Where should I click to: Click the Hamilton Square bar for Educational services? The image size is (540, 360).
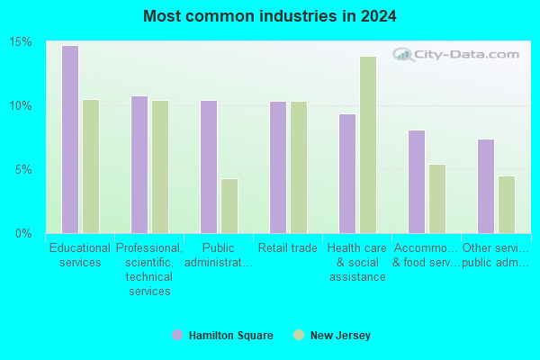pyautogui.click(x=70, y=139)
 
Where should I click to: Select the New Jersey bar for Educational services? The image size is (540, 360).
pyautogui.click(x=91, y=166)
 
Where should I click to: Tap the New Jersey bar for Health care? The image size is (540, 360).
pyautogui.click(x=368, y=145)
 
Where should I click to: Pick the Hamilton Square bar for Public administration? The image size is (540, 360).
pyautogui.click(x=209, y=167)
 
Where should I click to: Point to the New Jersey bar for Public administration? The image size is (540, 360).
pyautogui.click(x=229, y=206)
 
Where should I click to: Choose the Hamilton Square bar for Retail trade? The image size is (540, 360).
pyautogui.click(x=278, y=167)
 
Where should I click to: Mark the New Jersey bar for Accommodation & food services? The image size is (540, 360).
pyautogui.click(x=437, y=199)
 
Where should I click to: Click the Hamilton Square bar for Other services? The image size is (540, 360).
pyautogui.click(x=486, y=186)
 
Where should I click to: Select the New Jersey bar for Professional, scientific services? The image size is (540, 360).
pyautogui.click(x=160, y=167)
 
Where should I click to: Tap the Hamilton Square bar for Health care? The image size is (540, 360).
pyautogui.click(x=347, y=174)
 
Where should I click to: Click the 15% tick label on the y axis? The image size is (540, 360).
pyautogui.click(x=21, y=42)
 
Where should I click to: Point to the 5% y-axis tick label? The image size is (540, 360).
pyautogui.click(x=23, y=170)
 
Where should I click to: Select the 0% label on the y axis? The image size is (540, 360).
pyautogui.click(x=23, y=234)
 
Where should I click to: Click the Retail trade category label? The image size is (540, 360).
pyautogui.click(x=288, y=248)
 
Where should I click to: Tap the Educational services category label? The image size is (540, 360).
pyautogui.click(x=80, y=256)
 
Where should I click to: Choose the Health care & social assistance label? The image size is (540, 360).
pyautogui.click(x=357, y=263)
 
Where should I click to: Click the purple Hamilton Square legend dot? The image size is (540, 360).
pyautogui.click(x=177, y=335)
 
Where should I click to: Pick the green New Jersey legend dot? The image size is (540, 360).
pyautogui.click(x=299, y=335)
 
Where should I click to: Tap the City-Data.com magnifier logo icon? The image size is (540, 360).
pyautogui.click(x=403, y=54)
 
